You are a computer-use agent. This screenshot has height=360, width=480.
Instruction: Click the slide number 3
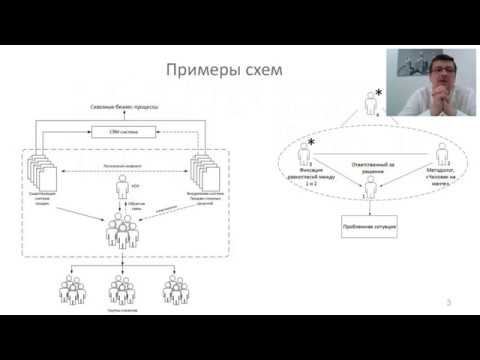(x=451, y=303)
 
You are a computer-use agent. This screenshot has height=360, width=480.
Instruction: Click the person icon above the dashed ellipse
(x=371, y=101)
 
